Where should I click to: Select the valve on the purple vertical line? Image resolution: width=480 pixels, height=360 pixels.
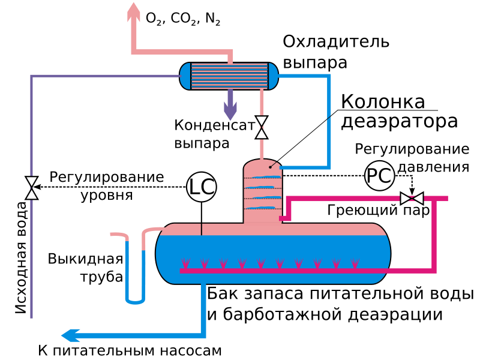click(32, 188)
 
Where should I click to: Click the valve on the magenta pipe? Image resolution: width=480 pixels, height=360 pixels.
click(412, 198)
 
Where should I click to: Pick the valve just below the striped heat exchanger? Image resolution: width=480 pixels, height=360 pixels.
click(262, 127)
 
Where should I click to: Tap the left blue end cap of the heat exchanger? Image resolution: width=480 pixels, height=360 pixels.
click(185, 76)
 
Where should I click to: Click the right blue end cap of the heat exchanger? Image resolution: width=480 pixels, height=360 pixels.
click(273, 76)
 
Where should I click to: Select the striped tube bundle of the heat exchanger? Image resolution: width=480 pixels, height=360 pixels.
click(229, 76)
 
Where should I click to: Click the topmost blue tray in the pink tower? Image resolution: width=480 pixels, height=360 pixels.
click(266, 178)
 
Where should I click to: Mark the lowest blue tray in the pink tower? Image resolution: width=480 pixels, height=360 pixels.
click(261, 208)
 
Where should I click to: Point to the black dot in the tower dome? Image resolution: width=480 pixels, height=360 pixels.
click(270, 167)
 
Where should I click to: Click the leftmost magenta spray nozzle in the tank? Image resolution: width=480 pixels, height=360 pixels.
click(185, 263)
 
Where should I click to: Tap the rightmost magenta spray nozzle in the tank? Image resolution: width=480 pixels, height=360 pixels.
click(355, 263)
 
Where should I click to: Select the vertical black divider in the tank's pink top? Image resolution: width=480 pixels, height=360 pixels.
click(202, 229)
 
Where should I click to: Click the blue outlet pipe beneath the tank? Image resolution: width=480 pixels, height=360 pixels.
click(203, 306)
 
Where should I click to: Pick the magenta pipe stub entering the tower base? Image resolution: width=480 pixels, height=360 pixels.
click(284, 218)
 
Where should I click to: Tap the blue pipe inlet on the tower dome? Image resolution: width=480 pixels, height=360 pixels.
click(283, 167)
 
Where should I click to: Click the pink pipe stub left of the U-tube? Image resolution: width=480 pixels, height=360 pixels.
click(118, 235)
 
